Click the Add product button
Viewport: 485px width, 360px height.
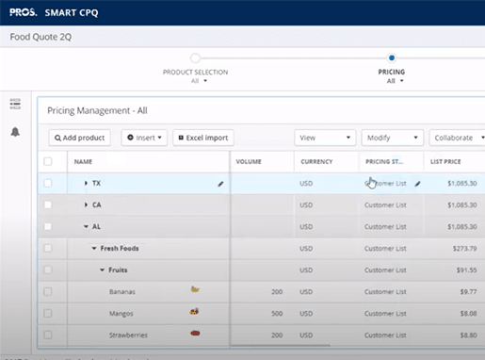tap(80, 138)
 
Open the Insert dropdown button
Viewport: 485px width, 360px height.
tap(144, 138)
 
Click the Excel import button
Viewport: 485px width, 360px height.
tap(202, 138)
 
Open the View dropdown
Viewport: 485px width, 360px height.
tap(324, 138)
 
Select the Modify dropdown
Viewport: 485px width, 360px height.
tap(391, 138)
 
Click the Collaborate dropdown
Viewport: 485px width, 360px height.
tap(457, 138)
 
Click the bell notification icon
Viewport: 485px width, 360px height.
tap(15, 132)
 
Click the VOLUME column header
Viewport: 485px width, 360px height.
tap(249, 162)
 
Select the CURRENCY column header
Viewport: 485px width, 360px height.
tap(316, 162)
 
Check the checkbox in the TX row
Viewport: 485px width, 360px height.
tap(48, 183)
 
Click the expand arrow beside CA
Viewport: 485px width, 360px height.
tap(86, 205)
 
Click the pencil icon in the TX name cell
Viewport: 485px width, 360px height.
tap(220, 184)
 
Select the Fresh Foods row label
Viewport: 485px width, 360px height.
tap(119, 249)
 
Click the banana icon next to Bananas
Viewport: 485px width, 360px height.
tap(195, 290)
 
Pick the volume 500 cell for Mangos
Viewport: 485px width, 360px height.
tap(276, 313)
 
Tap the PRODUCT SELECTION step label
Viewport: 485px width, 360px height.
tap(195, 72)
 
